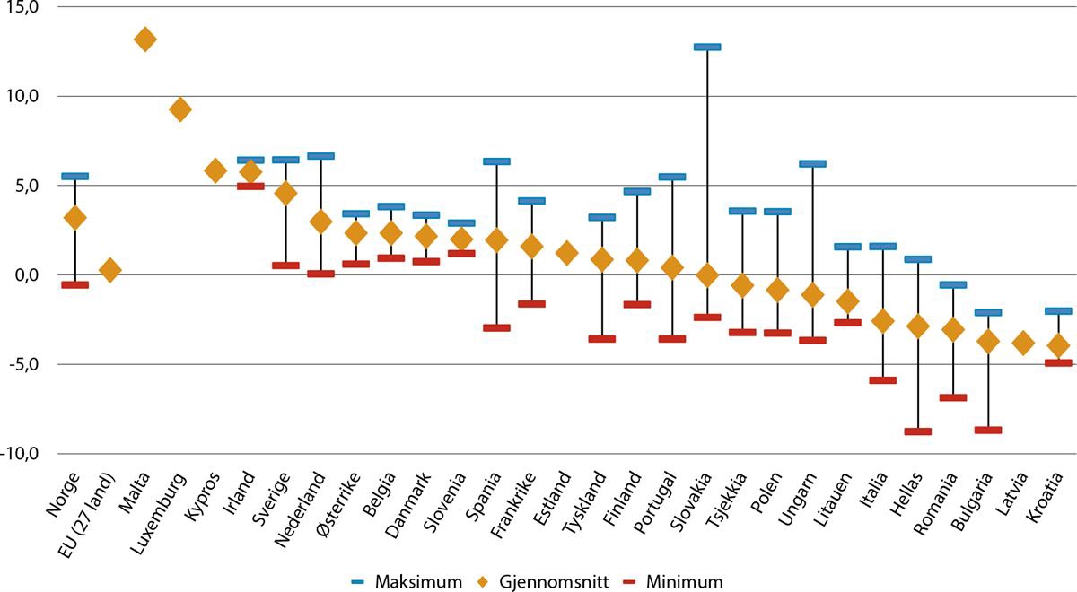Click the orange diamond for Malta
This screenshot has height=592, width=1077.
[x=144, y=39]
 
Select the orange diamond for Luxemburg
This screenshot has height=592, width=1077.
[x=179, y=109]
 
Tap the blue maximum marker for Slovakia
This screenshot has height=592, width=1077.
[x=707, y=47]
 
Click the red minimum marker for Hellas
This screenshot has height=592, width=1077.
[x=918, y=431]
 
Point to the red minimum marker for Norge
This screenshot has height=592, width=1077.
[x=74, y=284]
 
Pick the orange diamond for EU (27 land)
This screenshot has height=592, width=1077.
[x=109, y=270]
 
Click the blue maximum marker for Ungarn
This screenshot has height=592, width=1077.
[x=812, y=164]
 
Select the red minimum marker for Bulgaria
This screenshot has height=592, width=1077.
[x=988, y=430]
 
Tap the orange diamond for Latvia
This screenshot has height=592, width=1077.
[x=1023, y=343]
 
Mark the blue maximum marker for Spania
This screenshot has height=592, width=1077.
[x=496, y=161]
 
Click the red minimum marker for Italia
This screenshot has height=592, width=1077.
[x=883, y=380]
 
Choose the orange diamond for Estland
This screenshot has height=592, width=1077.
[x=566, y=253]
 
